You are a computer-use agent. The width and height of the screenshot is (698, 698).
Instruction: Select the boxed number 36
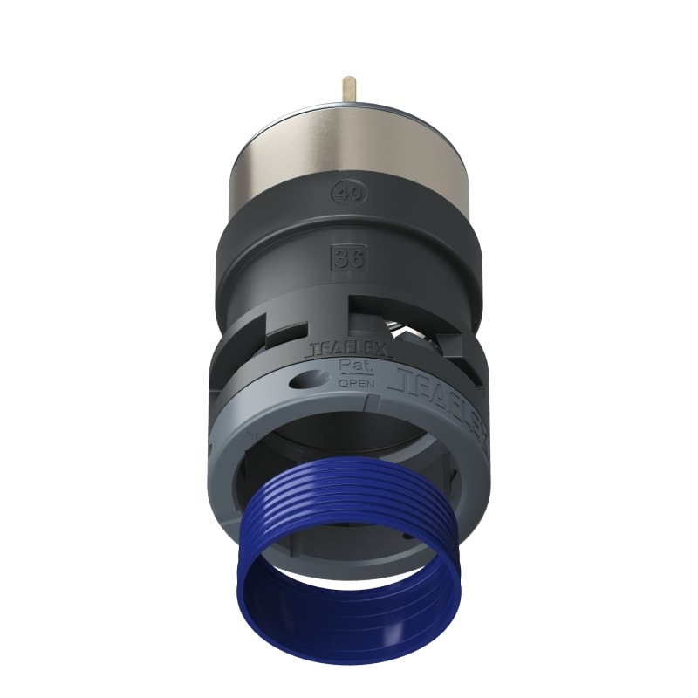click(x=346, y=257)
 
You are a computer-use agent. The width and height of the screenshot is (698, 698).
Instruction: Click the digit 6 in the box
click(x=352, y=257)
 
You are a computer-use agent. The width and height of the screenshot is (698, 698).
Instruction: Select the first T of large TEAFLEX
click(x=402, y=375)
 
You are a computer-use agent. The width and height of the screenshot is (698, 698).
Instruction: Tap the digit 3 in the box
click(x=340, y=257)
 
